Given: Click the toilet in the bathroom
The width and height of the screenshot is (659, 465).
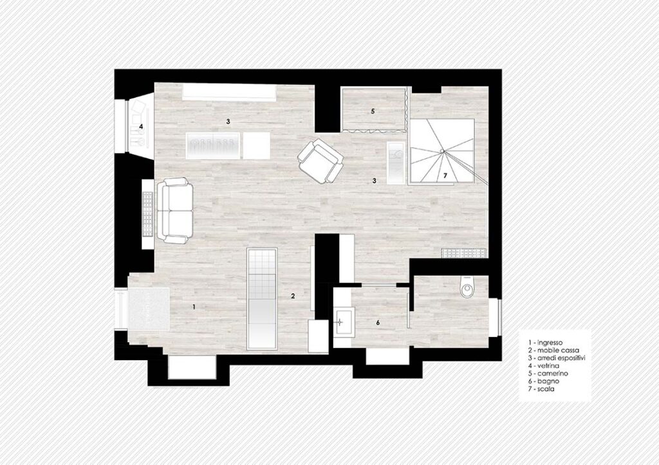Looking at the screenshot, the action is pos(467,287).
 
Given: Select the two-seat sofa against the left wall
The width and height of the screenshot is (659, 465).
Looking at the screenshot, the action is pos(175,211).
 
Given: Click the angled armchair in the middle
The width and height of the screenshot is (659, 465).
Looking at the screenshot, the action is pos(320,161).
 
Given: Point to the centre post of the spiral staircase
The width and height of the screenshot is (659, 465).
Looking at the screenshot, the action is pos(442,151).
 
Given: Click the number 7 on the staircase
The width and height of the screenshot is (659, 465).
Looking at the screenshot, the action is pos(445,175).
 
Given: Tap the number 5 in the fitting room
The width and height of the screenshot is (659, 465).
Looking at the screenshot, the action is pos(373,111).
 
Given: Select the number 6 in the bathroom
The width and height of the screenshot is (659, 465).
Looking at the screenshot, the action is pos(378,323).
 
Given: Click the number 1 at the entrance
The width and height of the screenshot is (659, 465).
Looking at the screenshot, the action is pos(194,307).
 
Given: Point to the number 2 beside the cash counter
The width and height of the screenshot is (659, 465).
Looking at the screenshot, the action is pos(293,296).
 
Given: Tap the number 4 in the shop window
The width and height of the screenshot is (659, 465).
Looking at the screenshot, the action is pos(141,126).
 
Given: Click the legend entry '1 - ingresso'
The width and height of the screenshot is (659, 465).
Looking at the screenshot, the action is pos(545,343).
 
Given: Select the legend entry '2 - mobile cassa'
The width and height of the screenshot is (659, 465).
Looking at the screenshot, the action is pos(553,351).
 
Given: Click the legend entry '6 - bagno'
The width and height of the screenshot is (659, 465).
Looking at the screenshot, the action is pos(544,381).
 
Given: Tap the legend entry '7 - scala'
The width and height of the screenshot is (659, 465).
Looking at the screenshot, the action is pos(541,389).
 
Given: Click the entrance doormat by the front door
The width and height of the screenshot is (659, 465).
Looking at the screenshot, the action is pos(149,309).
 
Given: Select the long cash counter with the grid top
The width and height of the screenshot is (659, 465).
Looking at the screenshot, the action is pos(262,298).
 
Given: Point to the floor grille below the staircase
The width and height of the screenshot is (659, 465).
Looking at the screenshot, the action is pos(464,252).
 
